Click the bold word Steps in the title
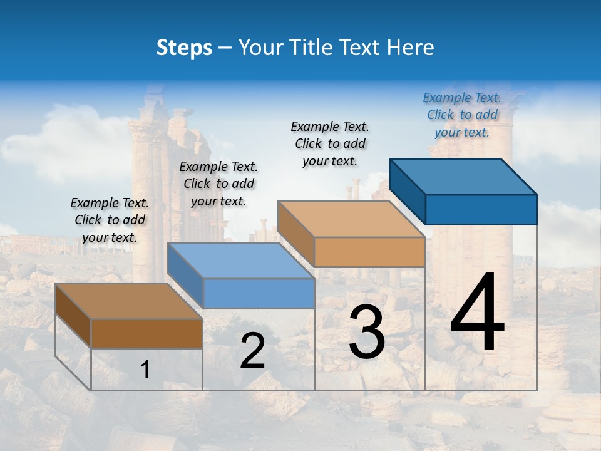(x=184, y=48)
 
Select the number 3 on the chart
(x=366, y=333)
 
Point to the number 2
(x=252, y=351)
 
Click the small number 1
(x=145, y=370)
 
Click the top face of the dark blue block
(x=463, y=175)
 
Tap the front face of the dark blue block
(x=481, y=209)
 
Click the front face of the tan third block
(x=369, y=252)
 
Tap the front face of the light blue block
(x=259, y=293)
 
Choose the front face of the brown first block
(x=146, y=333)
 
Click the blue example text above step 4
(x=461, y=115)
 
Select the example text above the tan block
(x=330, y=143)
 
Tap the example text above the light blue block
(x=218, y=184)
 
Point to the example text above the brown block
(x=110, y=220)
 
